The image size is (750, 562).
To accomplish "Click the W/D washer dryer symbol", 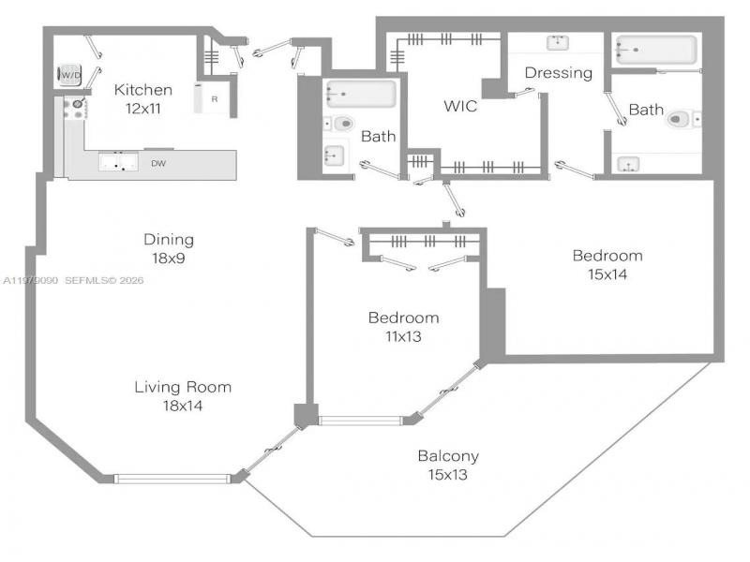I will [x=69, y=74].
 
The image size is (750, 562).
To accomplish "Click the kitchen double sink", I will [x=118, y=164].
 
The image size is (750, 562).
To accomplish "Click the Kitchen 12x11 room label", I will [x=143, y=98].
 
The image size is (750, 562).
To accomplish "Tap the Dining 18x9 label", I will [x=169, y=246].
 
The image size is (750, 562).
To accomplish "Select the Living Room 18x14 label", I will [x=182, y=395].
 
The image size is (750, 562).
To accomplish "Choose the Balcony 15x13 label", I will [x=448, y=465].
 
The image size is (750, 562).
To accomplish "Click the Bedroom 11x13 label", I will [x=402, y=326].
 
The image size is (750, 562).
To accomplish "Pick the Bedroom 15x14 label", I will [x=607, y=264].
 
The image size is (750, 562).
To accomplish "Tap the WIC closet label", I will [x=460, y=106].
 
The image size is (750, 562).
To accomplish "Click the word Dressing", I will [x=558, y=72].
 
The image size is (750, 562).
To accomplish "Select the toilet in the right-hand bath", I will [x=682, y=119].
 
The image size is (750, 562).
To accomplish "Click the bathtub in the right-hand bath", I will [x=655, y=50].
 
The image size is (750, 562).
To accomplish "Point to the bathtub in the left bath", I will [x=360, y=94].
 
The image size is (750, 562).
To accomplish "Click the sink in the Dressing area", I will [x=559, y=42].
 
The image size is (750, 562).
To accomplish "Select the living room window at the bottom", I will [x=172, y=479].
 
